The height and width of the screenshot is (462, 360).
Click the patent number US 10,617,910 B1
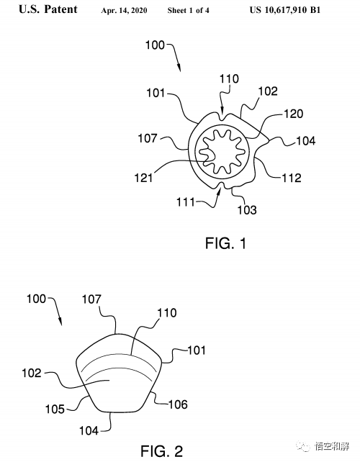pyautogui.click(x=285, y=10)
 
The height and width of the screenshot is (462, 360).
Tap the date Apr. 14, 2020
pyautogui.click(x=124, y=11)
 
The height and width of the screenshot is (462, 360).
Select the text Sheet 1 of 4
pyautogui.click(x=189, y=11)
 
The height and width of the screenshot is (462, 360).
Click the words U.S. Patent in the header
pyautogui.click(x=48, y=9)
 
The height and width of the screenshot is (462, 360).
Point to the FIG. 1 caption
pyautogui.click(x=225, y=243)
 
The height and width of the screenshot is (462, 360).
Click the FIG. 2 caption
pyautogui.click(x=161, y=451)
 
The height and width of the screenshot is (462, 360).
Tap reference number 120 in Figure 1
pyautogui.click(x=293, y=114)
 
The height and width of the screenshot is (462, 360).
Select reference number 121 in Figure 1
pyautogui.click(x=143, y=178)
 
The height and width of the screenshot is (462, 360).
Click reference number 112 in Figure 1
pyautogui.click(x=292, y=178)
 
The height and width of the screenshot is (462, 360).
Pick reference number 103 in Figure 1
pyautogui.click(x=247, y=210)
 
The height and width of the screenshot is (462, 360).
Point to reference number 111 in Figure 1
pyautogui.click(x=186, y=202)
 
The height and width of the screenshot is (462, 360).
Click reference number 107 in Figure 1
pyautogui.click(x=148, y=138)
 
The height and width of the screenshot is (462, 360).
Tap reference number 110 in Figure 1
pyautogui.click(x=229, y=79)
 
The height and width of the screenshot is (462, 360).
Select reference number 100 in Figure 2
pyautogui.click(x=36, y=299)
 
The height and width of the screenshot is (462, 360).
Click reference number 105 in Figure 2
pyautogui.click(x=55, y=409)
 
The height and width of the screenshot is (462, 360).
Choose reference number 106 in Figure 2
pyautogui.click(x=178, y=404)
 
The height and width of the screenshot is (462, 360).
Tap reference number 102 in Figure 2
pyautogui.click(x=32, y=373)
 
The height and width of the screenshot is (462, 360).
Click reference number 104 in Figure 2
pyautogui.click(x=89, y=431)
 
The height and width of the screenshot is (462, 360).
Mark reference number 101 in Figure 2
pyautogui.click(x=197, y=350)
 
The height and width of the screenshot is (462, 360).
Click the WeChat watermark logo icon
pyautogui.click(x=304, y=446)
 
